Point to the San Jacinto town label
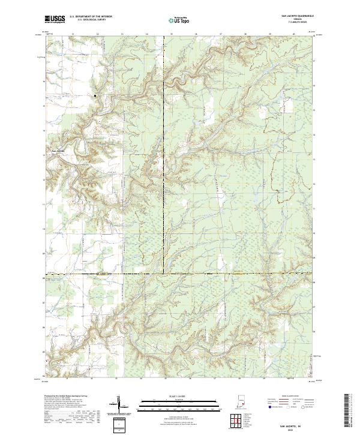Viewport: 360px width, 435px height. [59, 149]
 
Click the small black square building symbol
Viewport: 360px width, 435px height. [95, 96]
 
